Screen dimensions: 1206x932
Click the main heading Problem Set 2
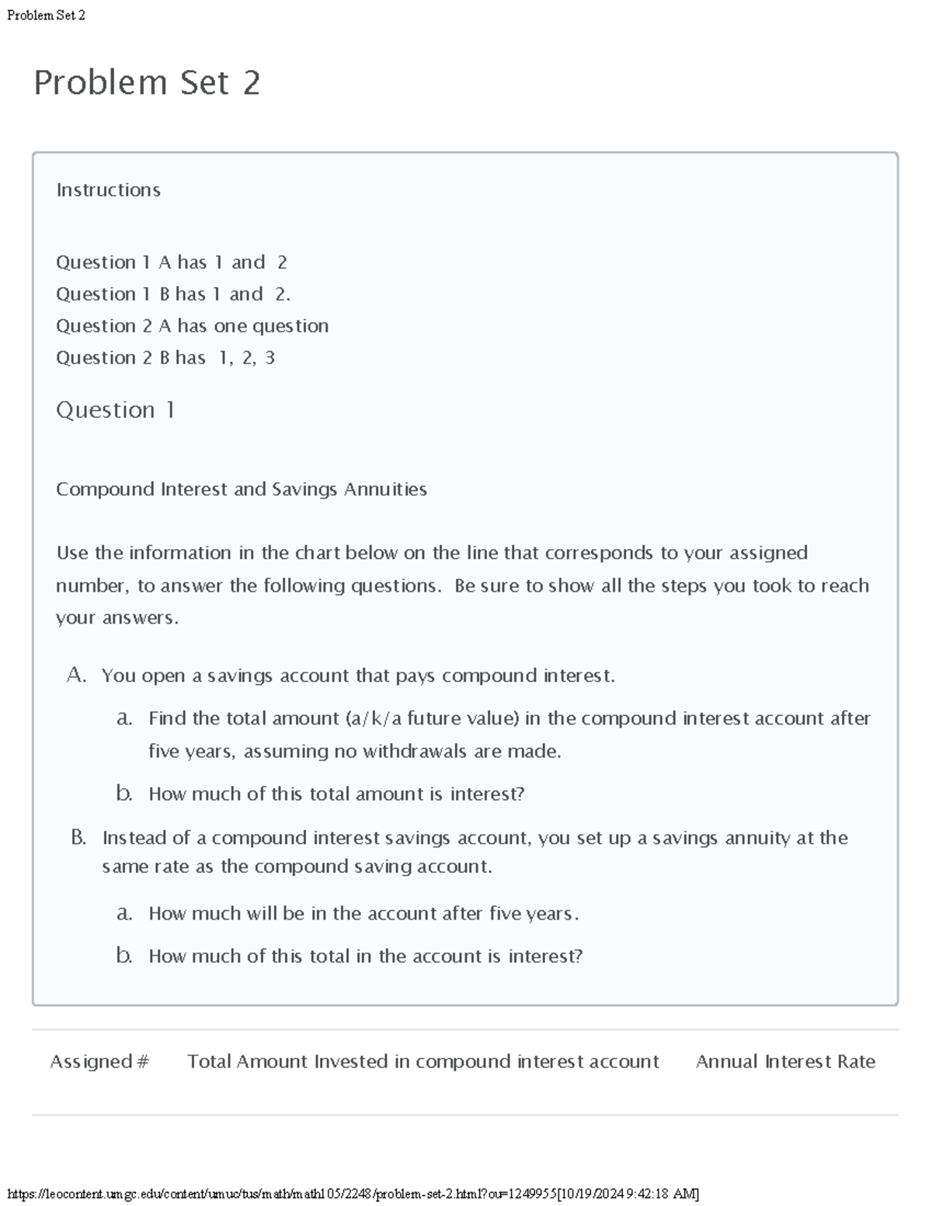click(x=147, y=82)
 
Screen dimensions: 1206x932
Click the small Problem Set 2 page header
click(x=46, y=15)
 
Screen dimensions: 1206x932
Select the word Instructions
click(x=108, y=190)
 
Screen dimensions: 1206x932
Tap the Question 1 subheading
click(x=115, y=410)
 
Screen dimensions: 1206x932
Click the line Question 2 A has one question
click(x=192, y=326)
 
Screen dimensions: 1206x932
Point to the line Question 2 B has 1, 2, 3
click(x=165, y=358)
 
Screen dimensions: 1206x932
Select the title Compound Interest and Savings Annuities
click(x=241, y=489)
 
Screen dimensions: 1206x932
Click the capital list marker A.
click(x=76, y=675)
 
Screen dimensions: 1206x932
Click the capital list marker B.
click(x=78, y=837)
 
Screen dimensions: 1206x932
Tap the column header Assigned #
click(x=99, y=1062)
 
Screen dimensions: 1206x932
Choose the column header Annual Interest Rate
click(x=785, y=1062)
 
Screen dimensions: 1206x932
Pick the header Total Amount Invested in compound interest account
click(x=423, y=1062)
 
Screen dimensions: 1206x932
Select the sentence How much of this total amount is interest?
click(x=336, y=794)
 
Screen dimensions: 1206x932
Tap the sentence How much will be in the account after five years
click(x=363, y=913)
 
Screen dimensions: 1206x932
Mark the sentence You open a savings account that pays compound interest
click(x=358, y=676)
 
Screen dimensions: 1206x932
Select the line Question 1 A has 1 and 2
click(x=171, y=262)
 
